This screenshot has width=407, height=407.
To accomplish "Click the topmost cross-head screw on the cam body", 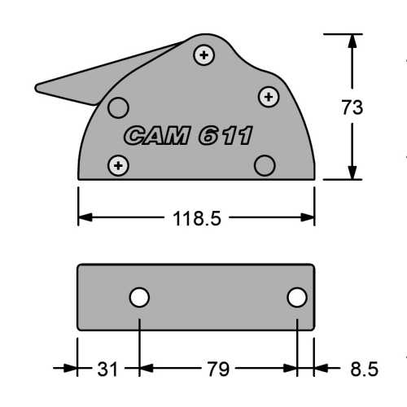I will (203, 55).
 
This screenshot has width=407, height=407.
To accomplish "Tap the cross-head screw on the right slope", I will (267, 97).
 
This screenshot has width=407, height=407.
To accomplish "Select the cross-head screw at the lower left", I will (120, 165).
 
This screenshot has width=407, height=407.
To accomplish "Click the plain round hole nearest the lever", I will (119, 107).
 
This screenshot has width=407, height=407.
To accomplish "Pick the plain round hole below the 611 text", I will (263, 165).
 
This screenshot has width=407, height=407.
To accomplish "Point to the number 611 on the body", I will (226, 136).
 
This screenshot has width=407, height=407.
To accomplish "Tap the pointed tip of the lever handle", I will (37, 85).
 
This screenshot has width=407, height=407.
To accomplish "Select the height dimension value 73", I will (352, 107).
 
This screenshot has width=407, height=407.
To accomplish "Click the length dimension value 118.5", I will (197, 218).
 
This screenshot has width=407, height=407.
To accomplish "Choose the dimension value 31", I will (107, 370).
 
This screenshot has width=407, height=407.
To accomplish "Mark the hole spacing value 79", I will (217, 370).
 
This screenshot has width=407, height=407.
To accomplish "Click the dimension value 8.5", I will (363, 370).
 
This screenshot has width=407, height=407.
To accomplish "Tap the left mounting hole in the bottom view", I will (140, 298).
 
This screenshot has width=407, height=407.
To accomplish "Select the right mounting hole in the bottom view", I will (297, 298).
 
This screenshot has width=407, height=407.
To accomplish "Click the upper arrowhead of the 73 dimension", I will (352, 41).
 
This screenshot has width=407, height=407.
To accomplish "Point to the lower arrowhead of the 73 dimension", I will (352, 173).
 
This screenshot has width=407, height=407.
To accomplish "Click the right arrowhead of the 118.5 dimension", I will (309, 217).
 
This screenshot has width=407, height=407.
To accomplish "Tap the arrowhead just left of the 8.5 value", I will (322, 369).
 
